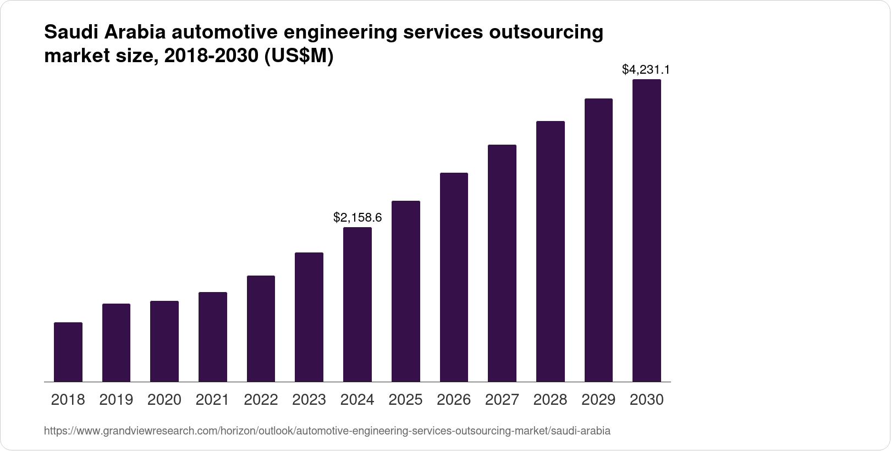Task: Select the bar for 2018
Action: pos(68,352)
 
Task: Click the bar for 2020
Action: pos(164,341)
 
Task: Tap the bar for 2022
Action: pos(261,328)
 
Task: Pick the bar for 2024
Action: pos(358,304)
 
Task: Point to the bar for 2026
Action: pos(454,277)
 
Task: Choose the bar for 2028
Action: pos(550,251)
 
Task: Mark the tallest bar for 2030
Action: pos(647,230)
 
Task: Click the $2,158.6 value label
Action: pos(358,218)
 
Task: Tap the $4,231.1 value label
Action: pos(646,70)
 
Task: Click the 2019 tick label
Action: pos(116,400)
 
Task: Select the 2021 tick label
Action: pos(213,400)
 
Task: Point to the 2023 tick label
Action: pos(309,400)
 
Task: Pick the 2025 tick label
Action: pos(405,400)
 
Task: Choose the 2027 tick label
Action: pos(502,400)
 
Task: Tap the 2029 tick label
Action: pos(598,400)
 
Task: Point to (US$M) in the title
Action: pos(299,57)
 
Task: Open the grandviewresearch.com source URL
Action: pos(327,431)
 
